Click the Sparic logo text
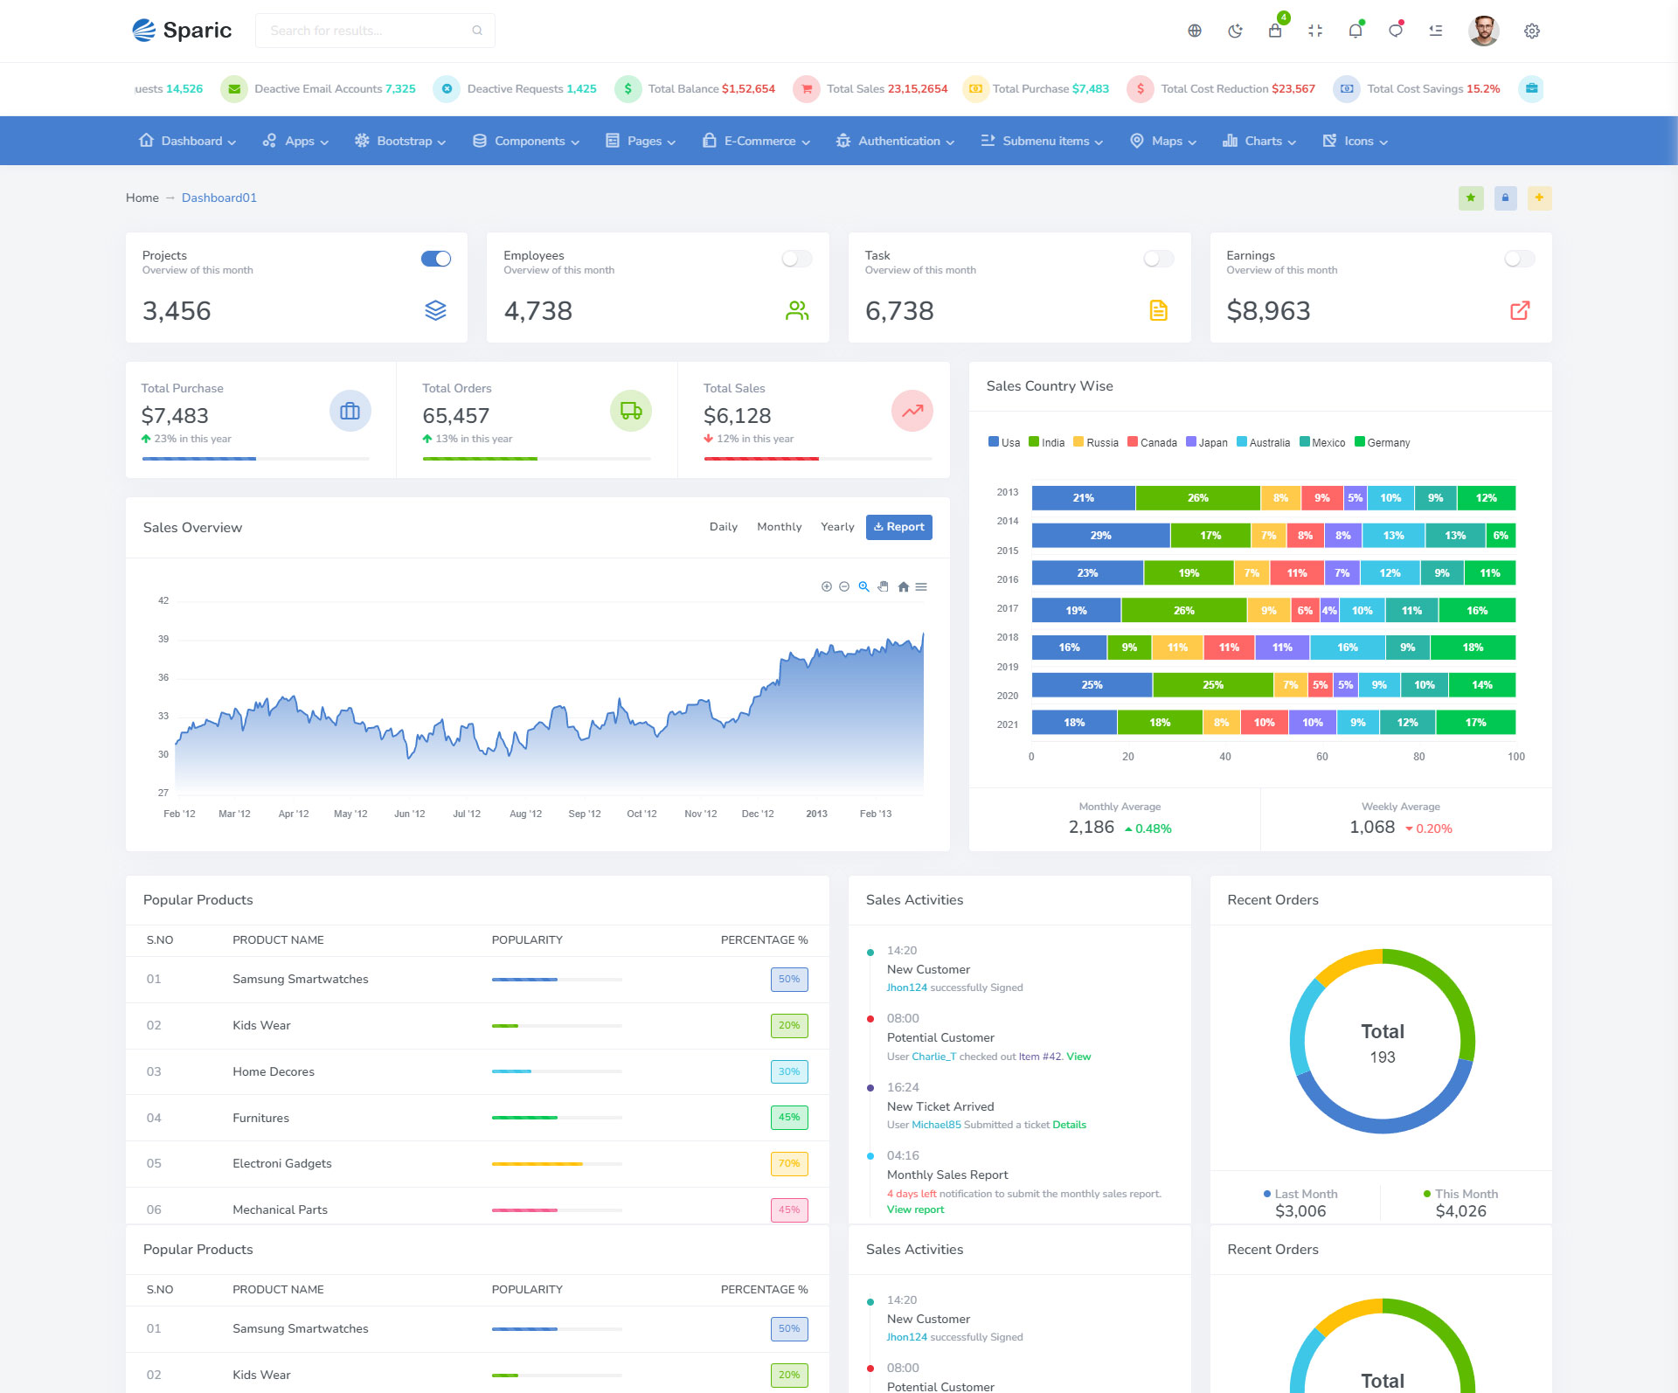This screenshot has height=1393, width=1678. [x=197, y=31]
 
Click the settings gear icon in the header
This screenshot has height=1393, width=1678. [x=1531, y=31]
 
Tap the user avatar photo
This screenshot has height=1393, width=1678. [x=1483, y=31]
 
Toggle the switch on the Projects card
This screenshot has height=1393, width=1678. [x=436, y=259]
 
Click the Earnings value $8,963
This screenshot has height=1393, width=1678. [x=1268, y=311]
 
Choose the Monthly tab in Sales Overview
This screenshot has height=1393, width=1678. [x=779, y=527]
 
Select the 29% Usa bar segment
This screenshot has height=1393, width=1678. [x=1100, y=536]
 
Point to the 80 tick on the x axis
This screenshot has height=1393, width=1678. [x=1418, y=757]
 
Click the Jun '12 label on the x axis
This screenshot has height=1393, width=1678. [x=409, y=814]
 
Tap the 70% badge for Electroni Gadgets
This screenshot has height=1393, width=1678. [x=788, y=1164]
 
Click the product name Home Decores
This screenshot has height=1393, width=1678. [x=273, y=1071]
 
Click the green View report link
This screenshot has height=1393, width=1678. [x=915, y=1209]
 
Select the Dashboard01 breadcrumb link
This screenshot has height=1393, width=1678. [x=218, y=198]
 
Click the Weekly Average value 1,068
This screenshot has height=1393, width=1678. [x=1371, y=828]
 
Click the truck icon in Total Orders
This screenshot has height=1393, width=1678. [x=630, y=411]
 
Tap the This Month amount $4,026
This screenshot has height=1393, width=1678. [x=1460, y=1211]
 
